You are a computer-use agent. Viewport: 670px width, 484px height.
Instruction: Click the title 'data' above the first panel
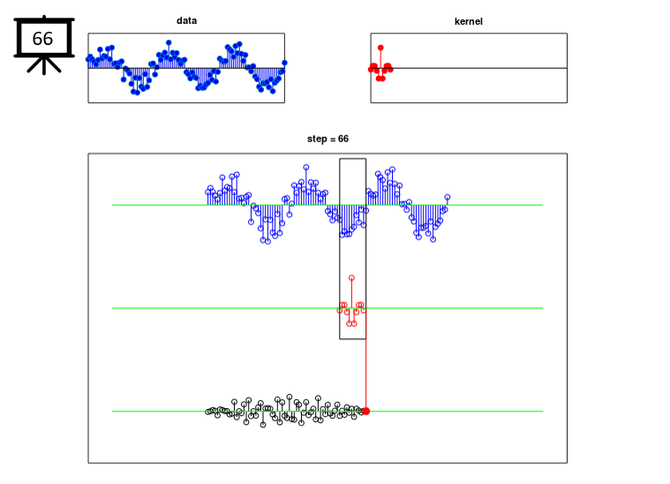pyautogui.click(x=187, y=20)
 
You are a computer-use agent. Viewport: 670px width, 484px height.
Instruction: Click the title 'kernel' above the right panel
pyautogui.click(x=469, y=21)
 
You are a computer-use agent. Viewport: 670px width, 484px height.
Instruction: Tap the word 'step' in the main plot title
pyautogui.click(x=317, y=139)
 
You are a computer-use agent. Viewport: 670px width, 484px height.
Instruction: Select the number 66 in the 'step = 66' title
pyautogui.click(x=343, y=139)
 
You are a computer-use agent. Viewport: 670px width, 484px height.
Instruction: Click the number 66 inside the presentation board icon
pyautogui.click(x=42, y=39)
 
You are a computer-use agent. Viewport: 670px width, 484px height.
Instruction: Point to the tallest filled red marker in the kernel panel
pyautogui.click(x=380, y=48)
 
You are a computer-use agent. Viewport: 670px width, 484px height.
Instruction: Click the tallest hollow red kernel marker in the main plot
pyautogui.click(x=351, y=278)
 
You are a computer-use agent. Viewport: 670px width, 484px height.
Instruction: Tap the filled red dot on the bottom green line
pyautogui.click(x=365, y=412)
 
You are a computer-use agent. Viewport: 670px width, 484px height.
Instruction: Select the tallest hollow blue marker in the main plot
pyautogui.click(x=306, y=167)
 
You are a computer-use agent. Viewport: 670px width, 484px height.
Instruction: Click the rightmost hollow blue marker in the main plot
pyautogui.click(x=448, y=197)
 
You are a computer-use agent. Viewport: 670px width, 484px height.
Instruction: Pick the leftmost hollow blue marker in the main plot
pyautogui.click(x=208, y=192)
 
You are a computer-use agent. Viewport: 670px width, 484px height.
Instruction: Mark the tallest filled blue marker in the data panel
pyautogui.click(x=169, y=42)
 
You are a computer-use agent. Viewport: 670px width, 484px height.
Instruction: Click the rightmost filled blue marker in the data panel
pyautogui.click(x=284, y=63)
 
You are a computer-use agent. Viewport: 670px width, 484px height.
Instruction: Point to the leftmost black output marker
pyautogui.click(x=208, y=412)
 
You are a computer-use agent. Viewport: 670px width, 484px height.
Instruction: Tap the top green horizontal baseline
pyautogui.click(x=327, y=205)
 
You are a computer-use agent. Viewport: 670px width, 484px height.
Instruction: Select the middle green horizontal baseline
pyautogui.click(x=327, y=308)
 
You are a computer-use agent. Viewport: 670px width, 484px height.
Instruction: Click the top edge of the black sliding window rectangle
pyautogui.click(x=352, y=159)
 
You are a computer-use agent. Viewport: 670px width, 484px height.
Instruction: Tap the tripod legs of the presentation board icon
pyautogui.click(x=44, y=65)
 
